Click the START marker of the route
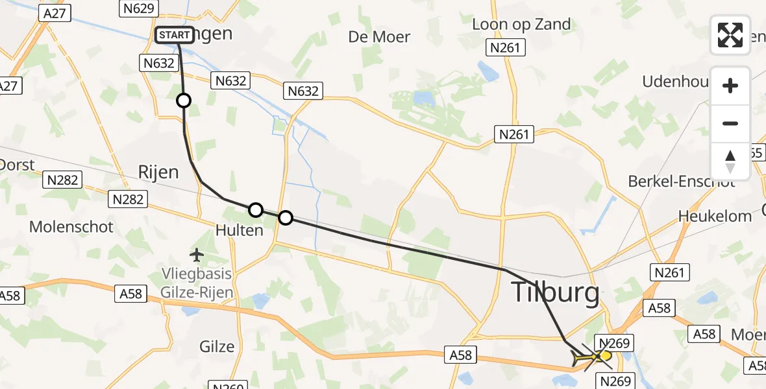pyautogui.click(x=175, y=34)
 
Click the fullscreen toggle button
pyautogui.click(x=730, y=35)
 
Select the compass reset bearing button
pyautogui.click(x=730, y=161)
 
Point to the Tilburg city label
pyautogui.click(x=556, y=293)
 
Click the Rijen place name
pyautogui.click(x=158, y=172)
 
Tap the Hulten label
pyautogui.click(x=240, y=230)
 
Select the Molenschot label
pyautogui.click(x=71, y=227)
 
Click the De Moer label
pyautogui.click(x=379, y=37)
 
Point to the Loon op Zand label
pyautogui.click(x=521, y=25)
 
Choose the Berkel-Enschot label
pyautogui.click(x=681, y=182)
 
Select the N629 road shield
pyautogui.click(x=138, y=8)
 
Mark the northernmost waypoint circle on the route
pyautogui.click(x=184, y=100)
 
